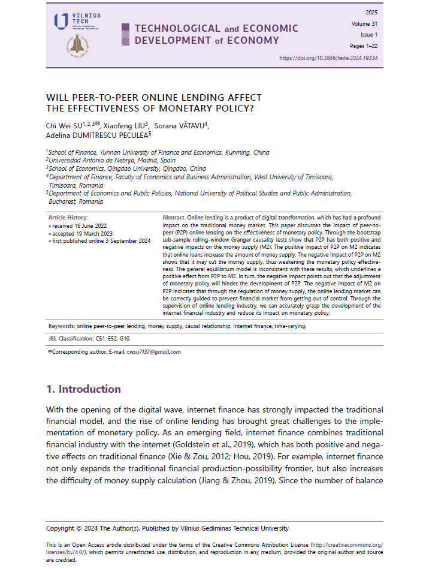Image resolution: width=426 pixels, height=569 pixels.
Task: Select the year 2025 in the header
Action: coord(371,13)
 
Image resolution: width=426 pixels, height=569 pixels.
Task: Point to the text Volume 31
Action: coord(365,24)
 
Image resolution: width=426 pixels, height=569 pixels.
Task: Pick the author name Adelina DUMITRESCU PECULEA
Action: coord(96,135)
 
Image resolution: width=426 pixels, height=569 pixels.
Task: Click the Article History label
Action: coord(68,217)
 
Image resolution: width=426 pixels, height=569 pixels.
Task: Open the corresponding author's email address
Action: coord(153,352)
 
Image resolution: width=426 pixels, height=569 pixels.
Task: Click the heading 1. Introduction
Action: coord(83,389)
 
